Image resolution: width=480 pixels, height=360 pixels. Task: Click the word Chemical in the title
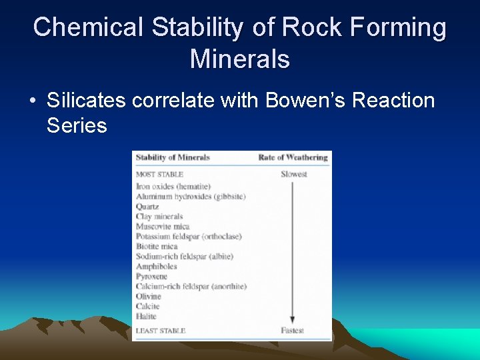coord(89,27)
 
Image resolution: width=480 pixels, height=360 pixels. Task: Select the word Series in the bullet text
coord(77,125)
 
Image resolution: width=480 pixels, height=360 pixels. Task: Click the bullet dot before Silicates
coord(32,101)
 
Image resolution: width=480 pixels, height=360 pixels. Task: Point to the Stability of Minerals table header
coord(173,157)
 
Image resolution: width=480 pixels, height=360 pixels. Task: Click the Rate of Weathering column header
coord(293,157)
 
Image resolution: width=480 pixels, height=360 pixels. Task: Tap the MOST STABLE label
coord(159,175)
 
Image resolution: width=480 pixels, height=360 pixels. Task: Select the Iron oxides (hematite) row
coord(173,187)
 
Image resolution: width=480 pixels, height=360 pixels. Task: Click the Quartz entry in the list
coord(147,207)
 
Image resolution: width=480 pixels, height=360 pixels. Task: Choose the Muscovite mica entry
coord(163,227)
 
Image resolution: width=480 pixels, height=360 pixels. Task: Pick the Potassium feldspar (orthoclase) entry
coord(189,237)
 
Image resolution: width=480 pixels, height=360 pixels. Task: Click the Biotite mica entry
coord(157,247)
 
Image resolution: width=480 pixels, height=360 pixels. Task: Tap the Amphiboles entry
coord(156,267)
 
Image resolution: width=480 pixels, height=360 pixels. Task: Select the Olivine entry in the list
coord(149,296)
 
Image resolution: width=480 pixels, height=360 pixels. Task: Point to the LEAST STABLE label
coord(161,331)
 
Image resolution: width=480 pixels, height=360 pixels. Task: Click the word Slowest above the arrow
coord(293,175)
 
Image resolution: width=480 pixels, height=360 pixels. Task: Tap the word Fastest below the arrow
coord(293,331)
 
